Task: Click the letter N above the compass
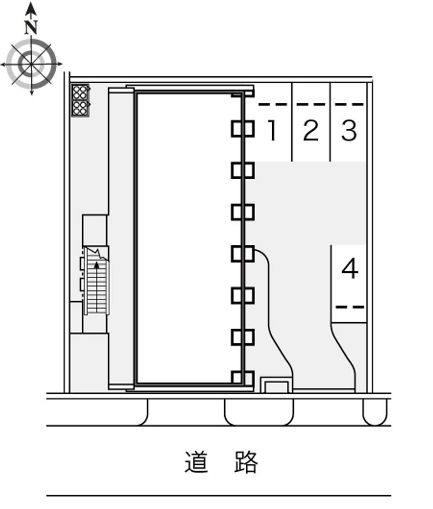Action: coord(31,27)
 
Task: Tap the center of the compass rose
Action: coord(31,64)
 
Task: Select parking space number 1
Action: coord(273,130)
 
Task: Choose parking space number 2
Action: coord(311,130)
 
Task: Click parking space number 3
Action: coord(349,130)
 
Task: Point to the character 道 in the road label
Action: coord(196,461)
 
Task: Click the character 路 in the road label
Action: coord(246,461)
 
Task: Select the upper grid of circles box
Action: coord(80,92)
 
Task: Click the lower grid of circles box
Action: coord(80,108)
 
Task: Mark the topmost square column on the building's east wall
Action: coord(242,129)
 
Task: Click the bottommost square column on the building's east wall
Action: coord(242,378)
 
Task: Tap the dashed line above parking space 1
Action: coord(273,105)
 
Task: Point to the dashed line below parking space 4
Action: coord(350,307)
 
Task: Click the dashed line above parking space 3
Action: coord(349,105)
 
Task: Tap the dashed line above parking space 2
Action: coord(311,105)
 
